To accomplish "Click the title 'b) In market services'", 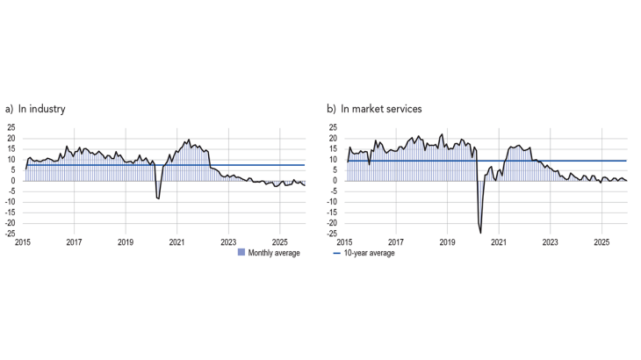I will coord(374,110).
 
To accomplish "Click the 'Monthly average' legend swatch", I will coord(241,253).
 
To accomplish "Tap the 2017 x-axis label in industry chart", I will coord(75,241).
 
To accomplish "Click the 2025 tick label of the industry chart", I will coord(279,241).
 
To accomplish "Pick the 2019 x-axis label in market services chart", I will coord(447,241).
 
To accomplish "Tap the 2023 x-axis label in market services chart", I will coord(550,241).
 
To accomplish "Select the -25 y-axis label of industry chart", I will coord(10,234).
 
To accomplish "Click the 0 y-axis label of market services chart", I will coord(335,181).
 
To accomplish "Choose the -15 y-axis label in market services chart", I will coord(332,212).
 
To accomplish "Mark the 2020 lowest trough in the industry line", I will coord(159,199).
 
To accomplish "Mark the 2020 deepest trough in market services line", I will coord(480,233).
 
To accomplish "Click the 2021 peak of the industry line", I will coord(188,140).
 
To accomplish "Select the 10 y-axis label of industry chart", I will coord(11,160).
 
